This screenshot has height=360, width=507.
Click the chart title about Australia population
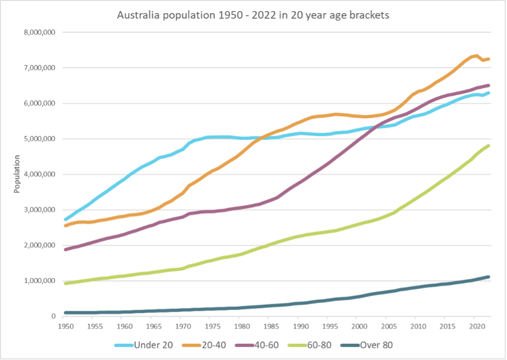(x=253, y=16)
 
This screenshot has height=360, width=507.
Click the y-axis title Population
(x=17, y=174)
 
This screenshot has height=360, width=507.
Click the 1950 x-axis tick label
(x=64, y=326)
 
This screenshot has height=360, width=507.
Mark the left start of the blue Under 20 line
(x=65, y=219)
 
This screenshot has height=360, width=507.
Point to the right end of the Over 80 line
(x=488, y=277)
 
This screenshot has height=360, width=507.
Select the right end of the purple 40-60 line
(x=488, y=85)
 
